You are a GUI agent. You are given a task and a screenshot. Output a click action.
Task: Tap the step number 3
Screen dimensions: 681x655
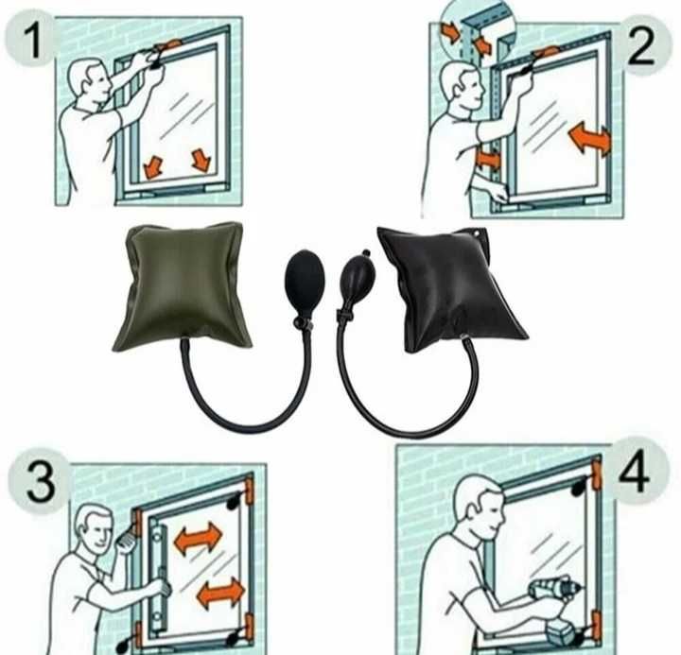pyautogui.click(x=42, y=482)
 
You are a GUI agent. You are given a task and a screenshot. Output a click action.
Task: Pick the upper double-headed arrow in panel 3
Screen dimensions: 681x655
pyautogui.click(x=198, y=538)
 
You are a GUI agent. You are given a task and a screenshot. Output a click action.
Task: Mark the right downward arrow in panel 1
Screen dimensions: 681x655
pyautogui.click(x=201, y=160)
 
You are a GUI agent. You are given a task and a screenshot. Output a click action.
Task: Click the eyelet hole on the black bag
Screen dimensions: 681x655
pyautogui.click(x=479, y=234)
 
